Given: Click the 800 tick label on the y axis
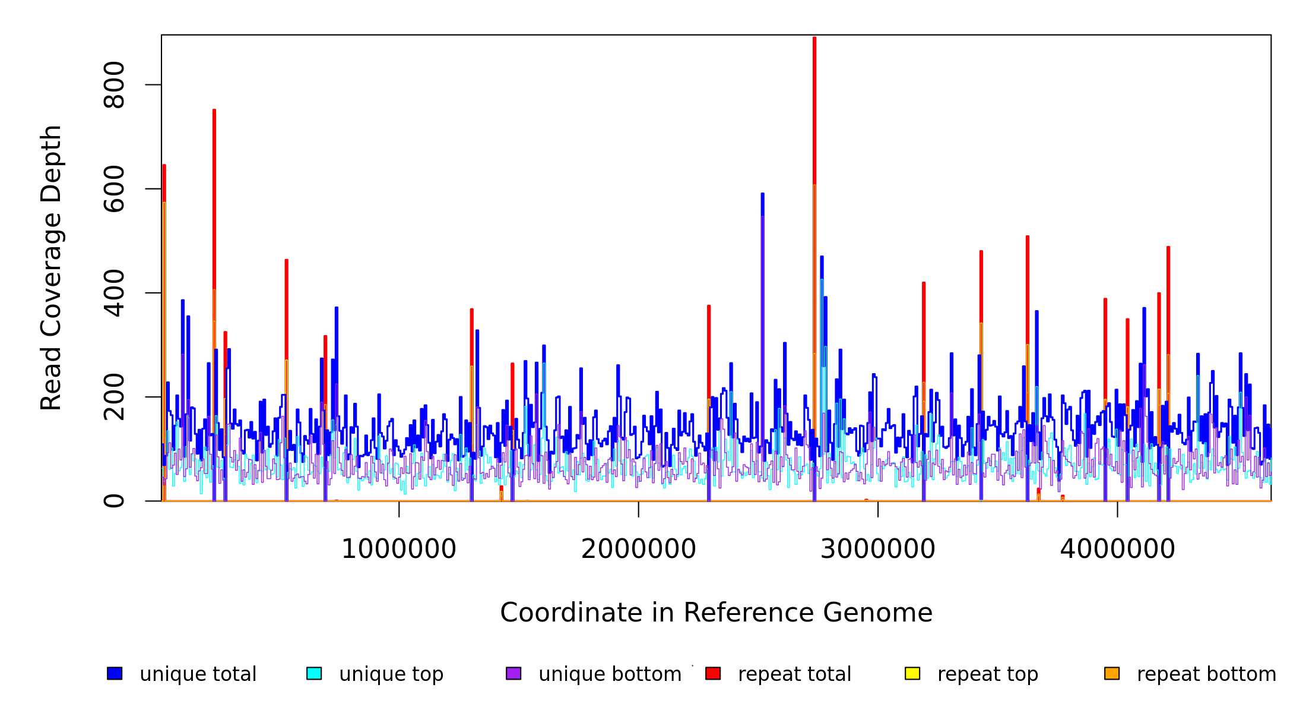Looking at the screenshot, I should (x=114, y=85).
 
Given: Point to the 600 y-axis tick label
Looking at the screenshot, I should (x=114, y=189).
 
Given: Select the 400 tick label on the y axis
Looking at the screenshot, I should (x=114, y=293).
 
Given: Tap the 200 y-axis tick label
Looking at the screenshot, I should (x=114, y=397).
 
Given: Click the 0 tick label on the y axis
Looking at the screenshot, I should (x=114, y=501).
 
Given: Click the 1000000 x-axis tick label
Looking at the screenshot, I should (x=399, y=549).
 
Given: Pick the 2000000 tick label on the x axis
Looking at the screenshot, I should (x=639, y=549).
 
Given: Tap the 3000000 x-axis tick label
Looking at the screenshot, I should (x=878, y=549).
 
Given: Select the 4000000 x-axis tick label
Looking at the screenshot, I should (x=1118, y=549).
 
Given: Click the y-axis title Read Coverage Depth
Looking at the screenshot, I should (x=51, y=267).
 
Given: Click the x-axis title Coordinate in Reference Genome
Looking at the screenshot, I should (x=716, y=613).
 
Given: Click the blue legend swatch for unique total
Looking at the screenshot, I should (x=115, y=673).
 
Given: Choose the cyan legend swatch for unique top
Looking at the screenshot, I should (x=314, y=673).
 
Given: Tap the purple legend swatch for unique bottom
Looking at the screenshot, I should (x=513, y=673).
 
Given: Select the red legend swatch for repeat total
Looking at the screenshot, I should (x=713, y=673).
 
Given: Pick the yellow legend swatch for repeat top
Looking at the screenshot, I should (x=912, y=673).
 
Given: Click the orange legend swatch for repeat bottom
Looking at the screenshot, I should (x=1112, y=673).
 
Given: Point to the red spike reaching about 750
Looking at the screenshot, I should (x=214, y=178).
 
